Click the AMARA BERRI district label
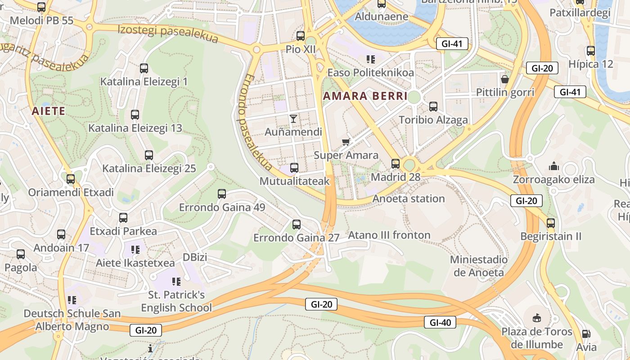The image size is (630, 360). coord(365,96)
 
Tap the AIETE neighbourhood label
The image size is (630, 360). coord(49,111)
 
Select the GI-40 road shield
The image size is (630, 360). coord(440,322)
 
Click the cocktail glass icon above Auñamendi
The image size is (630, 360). coord(293,119)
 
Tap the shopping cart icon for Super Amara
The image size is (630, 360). coord(346,142)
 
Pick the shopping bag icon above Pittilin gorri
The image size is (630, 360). coord(505,79)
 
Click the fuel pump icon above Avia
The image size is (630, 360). coord(586,334)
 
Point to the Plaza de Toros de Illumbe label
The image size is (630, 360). coord(537,338)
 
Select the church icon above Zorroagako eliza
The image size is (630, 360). coord(553,166)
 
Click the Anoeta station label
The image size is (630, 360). coord(409,198)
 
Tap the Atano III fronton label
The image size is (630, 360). coord(389,235)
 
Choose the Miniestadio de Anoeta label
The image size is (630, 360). coord(479,266)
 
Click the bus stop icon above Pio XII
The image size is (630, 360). coord(301,36)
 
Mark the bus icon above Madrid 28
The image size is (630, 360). coord(396,164)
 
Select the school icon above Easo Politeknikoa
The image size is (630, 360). coord(370,59)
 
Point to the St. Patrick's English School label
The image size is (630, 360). coord(176,301)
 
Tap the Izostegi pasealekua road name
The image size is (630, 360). coord(168,34)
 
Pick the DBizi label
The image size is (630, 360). coord(195,257)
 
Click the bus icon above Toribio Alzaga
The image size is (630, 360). coord(433,107)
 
